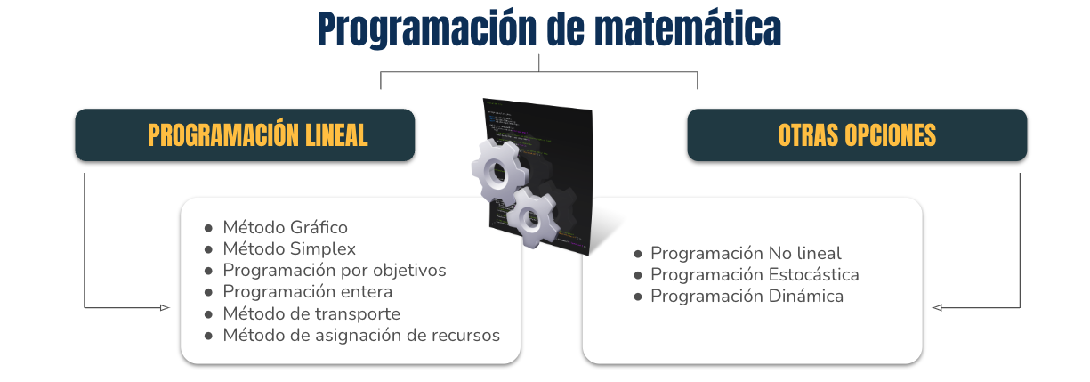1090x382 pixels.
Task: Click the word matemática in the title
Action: (688, 29)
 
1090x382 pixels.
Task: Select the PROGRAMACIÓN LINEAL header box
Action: (245, 135)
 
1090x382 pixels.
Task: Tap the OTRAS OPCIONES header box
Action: (857, 135)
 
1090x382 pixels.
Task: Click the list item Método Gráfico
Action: (285, 227)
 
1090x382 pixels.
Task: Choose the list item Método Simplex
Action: (289, 248)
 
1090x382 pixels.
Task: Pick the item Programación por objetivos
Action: (335, 270)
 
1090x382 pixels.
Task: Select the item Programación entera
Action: (308, 291)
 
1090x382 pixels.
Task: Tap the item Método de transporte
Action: (311, 313)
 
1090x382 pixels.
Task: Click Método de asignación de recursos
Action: (361, 335)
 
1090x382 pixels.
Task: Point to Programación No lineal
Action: (746, 253)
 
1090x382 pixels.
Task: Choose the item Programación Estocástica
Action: (755, 274)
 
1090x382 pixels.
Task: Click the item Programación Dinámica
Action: (747, 296)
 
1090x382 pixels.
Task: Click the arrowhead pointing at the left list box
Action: (165, 307)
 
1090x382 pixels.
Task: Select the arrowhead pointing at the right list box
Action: (937, 307)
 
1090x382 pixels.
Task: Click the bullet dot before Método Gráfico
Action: (208, 228)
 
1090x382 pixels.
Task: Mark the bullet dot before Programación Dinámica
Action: (638, 297)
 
